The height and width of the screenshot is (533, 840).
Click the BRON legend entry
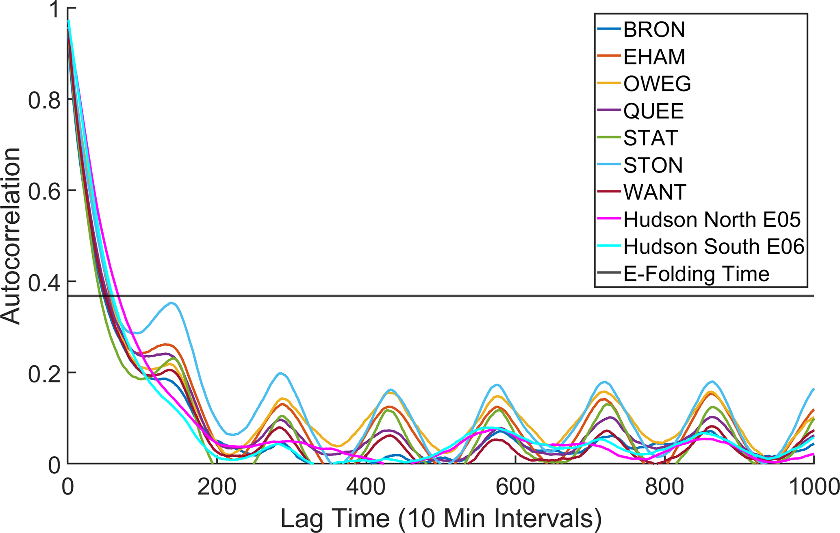click(654, 30)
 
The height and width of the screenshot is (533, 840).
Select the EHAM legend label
click(654, 57)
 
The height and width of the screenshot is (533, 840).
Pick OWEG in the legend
click(657, 84)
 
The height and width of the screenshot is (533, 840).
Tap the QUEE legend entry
click(653, 111)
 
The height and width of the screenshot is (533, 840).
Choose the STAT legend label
click(650, 138)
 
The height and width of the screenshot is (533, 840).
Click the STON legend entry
click(653, 165)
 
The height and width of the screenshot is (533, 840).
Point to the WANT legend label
click(654, 192)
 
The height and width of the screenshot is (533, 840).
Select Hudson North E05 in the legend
click(712, 220)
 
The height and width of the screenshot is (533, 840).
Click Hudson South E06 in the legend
click(714, 247)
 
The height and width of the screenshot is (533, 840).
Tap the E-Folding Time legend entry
click(696, 274)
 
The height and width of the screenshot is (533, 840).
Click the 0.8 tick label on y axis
click(44, 100)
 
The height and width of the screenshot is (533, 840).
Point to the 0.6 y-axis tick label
click(44, 191)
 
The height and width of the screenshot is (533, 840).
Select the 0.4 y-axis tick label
click(44, 282)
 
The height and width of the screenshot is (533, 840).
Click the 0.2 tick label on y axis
click(44, 373)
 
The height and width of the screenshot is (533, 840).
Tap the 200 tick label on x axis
click(217, 487)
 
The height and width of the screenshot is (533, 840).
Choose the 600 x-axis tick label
click(515, 487)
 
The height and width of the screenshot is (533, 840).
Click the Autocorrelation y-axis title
click(11, 236)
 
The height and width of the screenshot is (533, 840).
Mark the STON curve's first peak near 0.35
click(172, 303)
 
